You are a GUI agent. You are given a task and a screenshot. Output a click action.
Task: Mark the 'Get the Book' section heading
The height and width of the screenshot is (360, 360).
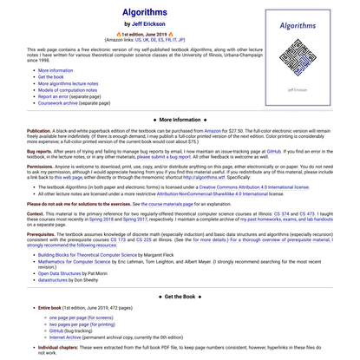click(x=180, y=296)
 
